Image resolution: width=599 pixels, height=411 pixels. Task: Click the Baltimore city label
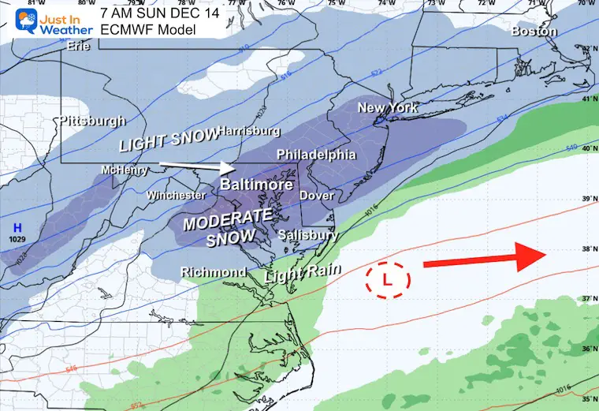click(x=251, y=185)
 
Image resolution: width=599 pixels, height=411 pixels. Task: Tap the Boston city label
click(x=534, y=32)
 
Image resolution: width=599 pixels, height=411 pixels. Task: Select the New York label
click(x=387, y=107)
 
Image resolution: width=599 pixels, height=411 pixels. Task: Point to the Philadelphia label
click(x=315, y=154)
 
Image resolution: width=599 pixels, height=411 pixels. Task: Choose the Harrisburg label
click(x=248, y=130)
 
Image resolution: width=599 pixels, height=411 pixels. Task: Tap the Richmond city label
click(x=214, y=272)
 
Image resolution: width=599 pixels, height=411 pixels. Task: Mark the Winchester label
click(x=176, y=195)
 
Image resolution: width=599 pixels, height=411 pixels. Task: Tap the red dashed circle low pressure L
click(x=387, y=278)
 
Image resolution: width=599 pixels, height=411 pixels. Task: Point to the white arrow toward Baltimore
click(x=197, y=166)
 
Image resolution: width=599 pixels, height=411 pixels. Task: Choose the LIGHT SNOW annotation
click(x=167, y=140)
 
